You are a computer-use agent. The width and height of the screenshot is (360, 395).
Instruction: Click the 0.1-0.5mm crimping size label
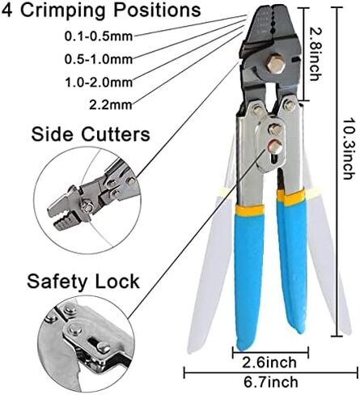pos(99,36)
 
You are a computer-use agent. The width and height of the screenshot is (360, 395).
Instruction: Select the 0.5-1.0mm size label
pos(99,59)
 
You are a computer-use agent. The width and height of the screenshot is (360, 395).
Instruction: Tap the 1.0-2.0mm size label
pos(99,82)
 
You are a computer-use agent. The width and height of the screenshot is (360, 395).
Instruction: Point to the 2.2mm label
pos(111,104)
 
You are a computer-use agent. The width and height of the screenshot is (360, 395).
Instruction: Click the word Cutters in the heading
pos(116,134)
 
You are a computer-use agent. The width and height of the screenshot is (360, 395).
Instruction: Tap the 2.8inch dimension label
pos(315,53)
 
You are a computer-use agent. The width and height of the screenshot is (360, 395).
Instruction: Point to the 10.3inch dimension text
pos(348,148)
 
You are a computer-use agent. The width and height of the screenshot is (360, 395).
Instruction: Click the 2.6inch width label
pos(269,363)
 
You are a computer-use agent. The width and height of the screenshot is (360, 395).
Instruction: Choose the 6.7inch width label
pos(271,382)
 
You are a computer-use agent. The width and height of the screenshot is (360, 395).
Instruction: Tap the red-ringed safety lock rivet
pos(275,147)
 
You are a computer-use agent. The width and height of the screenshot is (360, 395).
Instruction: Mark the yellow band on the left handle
pos(248,210)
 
